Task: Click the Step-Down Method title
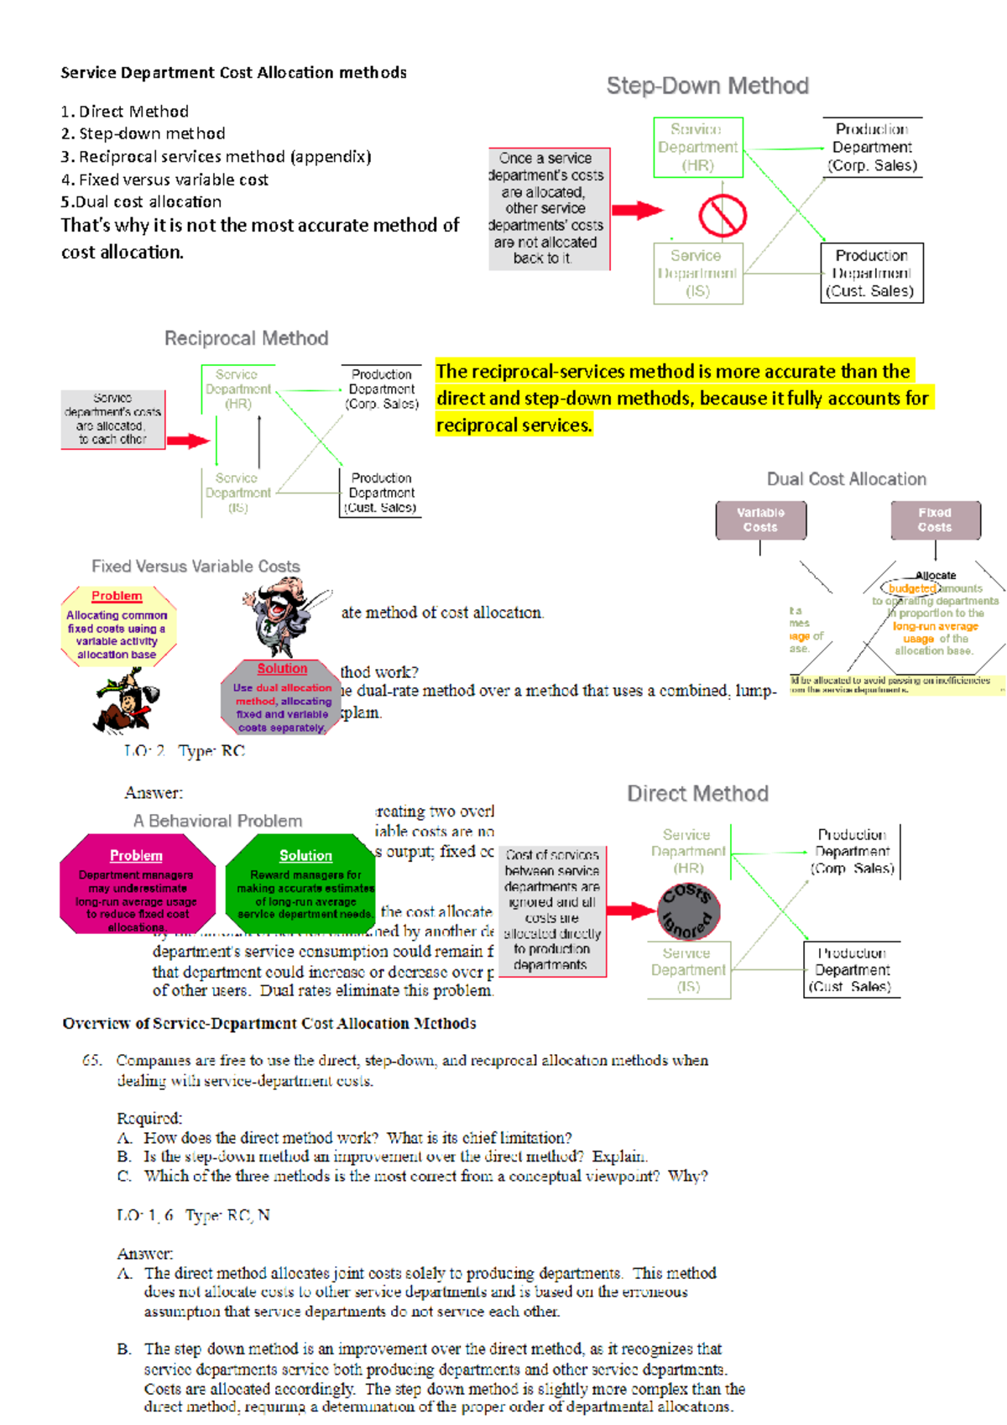707,86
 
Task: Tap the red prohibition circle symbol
722,216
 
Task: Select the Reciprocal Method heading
246,338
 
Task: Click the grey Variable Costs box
760,520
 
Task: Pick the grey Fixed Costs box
935,520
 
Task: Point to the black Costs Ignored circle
688,911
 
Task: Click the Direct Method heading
697,794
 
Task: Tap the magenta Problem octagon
137,885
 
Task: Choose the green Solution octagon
304,885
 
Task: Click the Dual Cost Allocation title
846,479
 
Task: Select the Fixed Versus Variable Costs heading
196,566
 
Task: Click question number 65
91,1061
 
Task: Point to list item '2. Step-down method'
143,133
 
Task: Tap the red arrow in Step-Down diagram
636,210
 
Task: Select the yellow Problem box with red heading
117,626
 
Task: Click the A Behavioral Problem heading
217,821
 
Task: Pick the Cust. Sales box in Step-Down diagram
871,273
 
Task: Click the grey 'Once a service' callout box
548,209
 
